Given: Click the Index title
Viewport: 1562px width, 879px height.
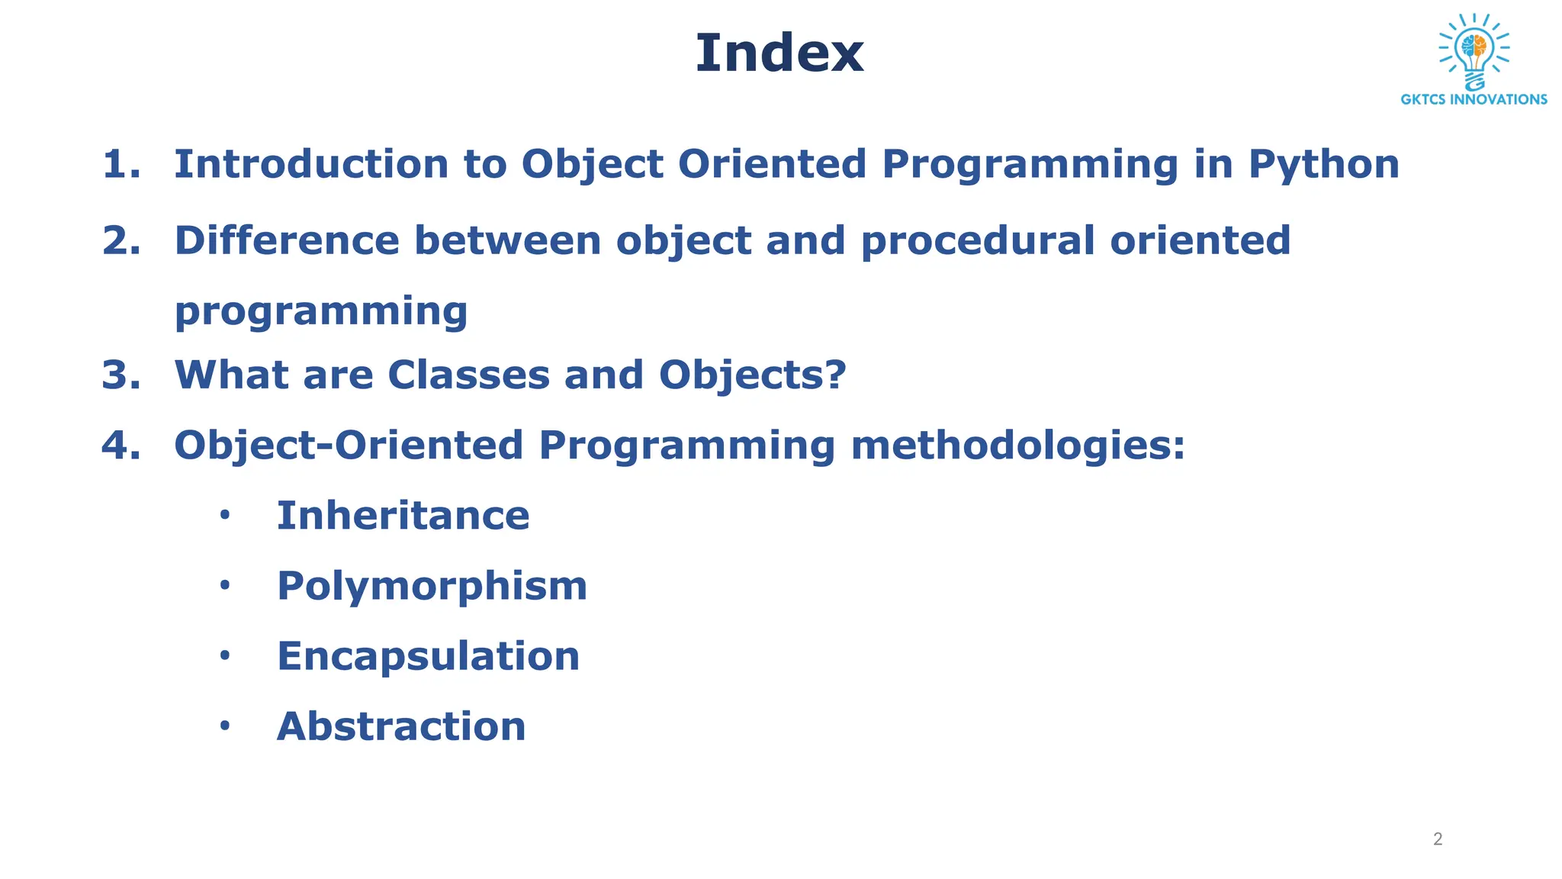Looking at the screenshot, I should pyautogui.click(x=779, y=53).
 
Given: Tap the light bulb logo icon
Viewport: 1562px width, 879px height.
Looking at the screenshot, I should pyautogui.click(x=1474, y=50).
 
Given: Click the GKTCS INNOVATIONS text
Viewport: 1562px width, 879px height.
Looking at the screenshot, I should pyautogui.click(x=1474, y=99).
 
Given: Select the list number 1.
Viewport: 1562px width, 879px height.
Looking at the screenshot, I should pyautogui.click(x=121, y=164).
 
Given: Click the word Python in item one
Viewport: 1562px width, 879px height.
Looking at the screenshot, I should pyautogui.click(x=1323, y=165).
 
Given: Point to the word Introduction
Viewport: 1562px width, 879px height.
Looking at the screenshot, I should pyautogui.click(x=311, y=164).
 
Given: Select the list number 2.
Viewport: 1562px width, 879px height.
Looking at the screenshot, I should pyautogui.click(x=121, y=240).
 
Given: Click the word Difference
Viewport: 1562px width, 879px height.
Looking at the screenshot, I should pyautogui.click(x=287, y=240).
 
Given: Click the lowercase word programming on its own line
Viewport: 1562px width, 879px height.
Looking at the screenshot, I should pyautogui.click(x=321, y=311).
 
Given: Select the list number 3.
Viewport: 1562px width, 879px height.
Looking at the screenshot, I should pyautogui.click(x=121, y=375).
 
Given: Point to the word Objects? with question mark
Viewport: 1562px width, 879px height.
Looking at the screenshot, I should pyautogui.click(x=752, y=375).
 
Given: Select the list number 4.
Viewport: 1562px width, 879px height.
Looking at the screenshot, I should pyautogui.click(x=121, y=445).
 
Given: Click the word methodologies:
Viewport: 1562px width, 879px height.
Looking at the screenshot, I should pyautogui.click(x=1017, y=446).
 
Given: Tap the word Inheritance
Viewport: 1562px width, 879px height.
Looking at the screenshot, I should pyautogui.click(x=403, y=515).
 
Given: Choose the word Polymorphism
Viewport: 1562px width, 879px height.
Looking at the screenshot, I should pyautogui.click(x=432, y=586).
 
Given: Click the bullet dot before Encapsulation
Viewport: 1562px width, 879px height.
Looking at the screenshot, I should pyautogui.click(x=224, y=655).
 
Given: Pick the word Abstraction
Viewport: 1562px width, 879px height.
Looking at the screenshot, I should pyautogui.click(x=401, y=726).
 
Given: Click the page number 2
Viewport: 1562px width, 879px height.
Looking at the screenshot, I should pyautogui.click(x=1438, y=839).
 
